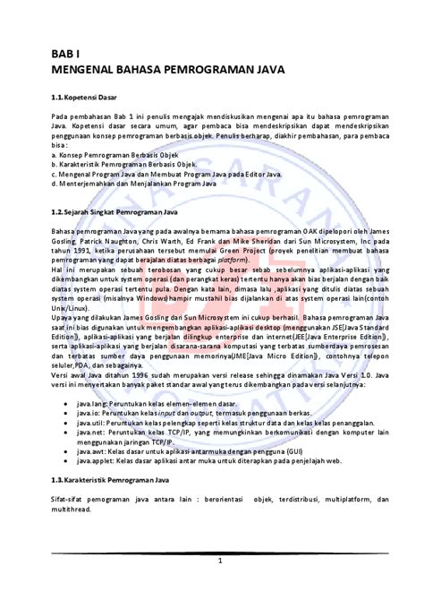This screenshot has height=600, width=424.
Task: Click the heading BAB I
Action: pos(64,54)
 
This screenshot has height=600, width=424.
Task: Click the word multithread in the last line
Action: pos(72,508)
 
